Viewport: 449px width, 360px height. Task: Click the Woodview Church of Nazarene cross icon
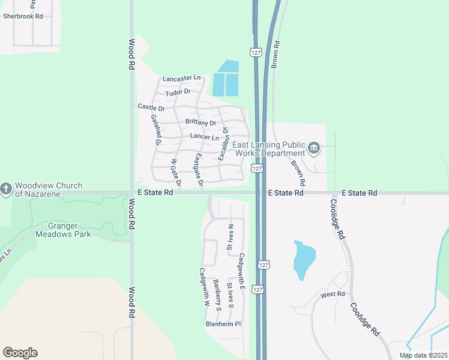(6, 190)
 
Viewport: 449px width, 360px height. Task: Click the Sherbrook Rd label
(23, 16)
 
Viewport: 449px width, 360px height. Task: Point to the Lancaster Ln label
(181, 78)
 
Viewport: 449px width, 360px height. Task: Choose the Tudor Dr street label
(178, 92)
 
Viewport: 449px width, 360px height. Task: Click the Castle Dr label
(151, 106)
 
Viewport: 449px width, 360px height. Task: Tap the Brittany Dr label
(200, 122)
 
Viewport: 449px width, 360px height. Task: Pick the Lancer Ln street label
(205, 137)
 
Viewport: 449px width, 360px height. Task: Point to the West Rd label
(333, 294)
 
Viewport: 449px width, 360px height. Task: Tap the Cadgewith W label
(203, 287)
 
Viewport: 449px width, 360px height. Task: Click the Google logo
(20, 353)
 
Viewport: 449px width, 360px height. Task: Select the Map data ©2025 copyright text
(423, 355)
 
